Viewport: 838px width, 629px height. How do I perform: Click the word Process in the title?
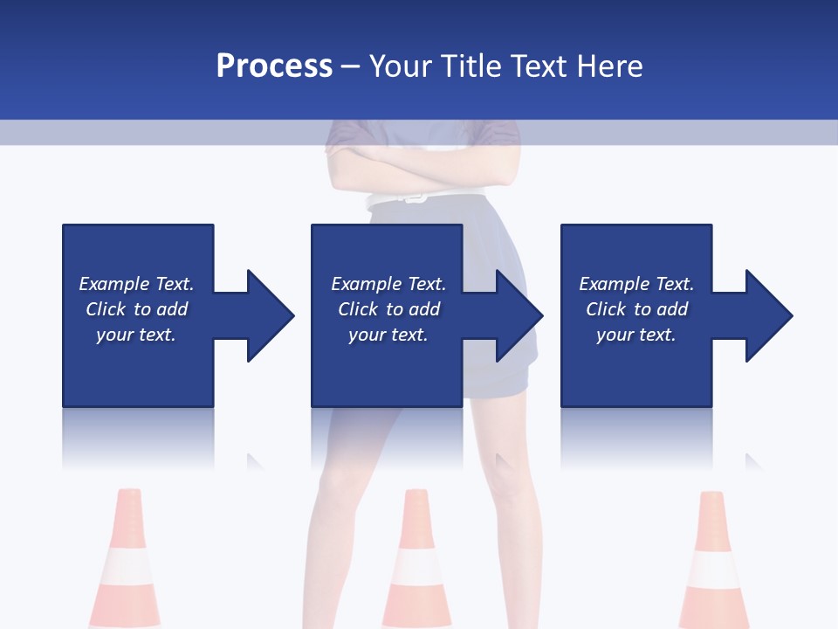274,66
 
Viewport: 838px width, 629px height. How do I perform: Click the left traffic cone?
127,559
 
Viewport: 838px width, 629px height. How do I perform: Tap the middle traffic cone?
416,559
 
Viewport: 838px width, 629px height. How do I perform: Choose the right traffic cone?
714,559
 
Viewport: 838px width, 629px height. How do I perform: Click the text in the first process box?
136,309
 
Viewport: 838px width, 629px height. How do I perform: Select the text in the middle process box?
388,309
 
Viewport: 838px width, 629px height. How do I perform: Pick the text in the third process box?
636,309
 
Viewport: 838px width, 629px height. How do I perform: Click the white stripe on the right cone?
715,570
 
